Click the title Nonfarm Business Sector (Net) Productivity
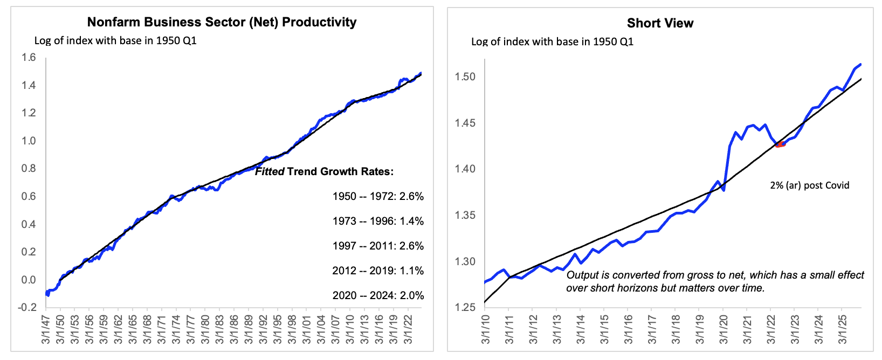(x=222, y=22)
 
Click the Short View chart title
(x=660, y=23)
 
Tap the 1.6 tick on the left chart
(x=29, y=58)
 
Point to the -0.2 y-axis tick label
(x=27, y=308)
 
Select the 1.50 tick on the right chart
(x=465, y=77)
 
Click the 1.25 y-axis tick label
(x=465, y=308)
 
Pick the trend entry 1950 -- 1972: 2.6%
(x=378, y=196)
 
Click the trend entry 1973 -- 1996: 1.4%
(x=378, y=221)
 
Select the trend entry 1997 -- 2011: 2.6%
(x=378, y=246)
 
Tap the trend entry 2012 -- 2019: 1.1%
(x=378, y=271)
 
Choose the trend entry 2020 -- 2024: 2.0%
(x=378, y=295)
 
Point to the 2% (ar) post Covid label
(x=809, y=185)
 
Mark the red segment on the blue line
(x=781, y=144)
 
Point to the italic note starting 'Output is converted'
(x=715, y=281)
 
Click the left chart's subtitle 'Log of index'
(x=115, y=41)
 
